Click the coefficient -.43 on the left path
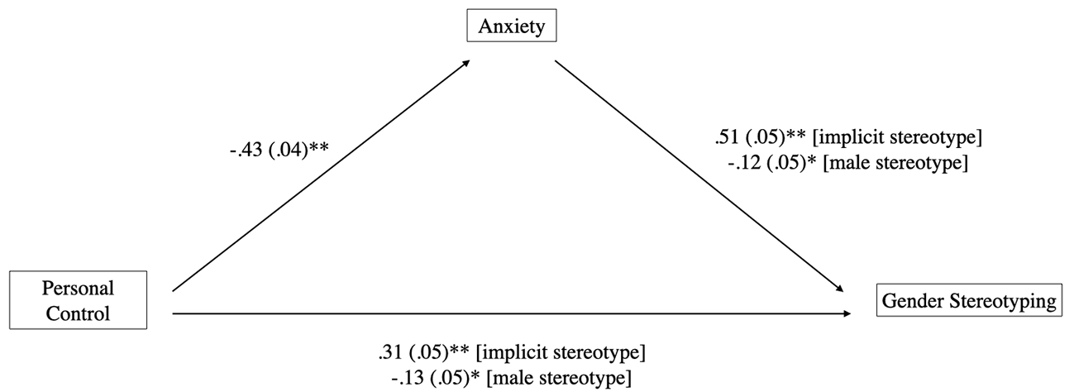point(246,150)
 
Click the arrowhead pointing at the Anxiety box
point(466,63)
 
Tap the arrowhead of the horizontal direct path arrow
point(847,313)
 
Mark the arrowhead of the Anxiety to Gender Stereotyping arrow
point(839,289)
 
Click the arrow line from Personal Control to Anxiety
point(322,175)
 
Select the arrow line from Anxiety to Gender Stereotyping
point(699,176)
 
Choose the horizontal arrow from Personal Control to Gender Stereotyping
point(512,313)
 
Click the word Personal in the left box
point(79,288)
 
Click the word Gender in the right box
point(913,300)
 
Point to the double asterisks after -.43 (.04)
point(318,147)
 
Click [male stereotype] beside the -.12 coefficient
point(895,163)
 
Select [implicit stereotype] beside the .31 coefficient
point(561,353)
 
